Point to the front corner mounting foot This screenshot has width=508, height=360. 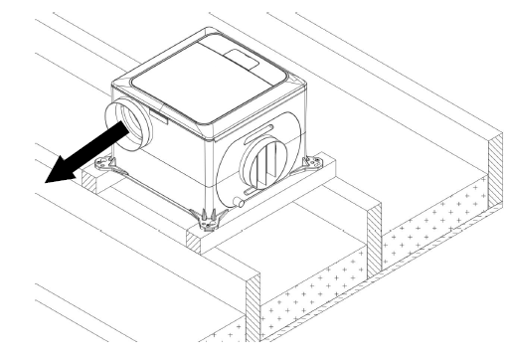206,217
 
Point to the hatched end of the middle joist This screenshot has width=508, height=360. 376,240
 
